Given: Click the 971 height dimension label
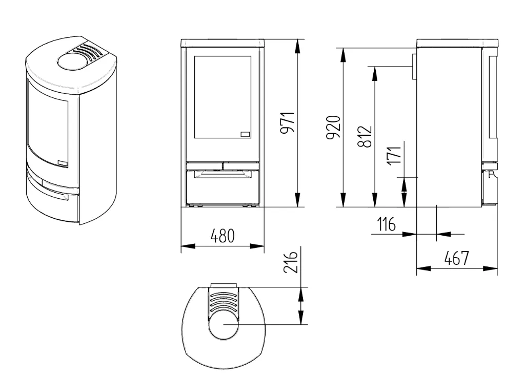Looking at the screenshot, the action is pyautogui.click(x=287, y=123).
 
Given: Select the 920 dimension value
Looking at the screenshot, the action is pyautogui.click(x=333, y=127).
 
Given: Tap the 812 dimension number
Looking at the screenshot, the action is pyautogui.click(x=365, y=136).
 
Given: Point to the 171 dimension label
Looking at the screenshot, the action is pyautogui.click(x=395, y=155).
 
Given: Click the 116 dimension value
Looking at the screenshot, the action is pyautogui.click(x=387, y=224).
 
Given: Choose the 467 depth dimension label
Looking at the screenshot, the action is pyautogui.click(x=457, y=258).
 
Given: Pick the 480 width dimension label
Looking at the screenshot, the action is pyautogui.click(x=223, y=236).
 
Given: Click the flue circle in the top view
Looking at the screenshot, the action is pyautogui.click(x=224, y=324).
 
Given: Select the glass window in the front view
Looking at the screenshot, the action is pyautogui.click(x=223, y=97).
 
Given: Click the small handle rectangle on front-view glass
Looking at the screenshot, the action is pyautogui.click(x=246, y=134).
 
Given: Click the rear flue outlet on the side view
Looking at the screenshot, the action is pyautogui.click(x=414, y=67).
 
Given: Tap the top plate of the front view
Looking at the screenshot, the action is pyautogui.click(x=223, y=43).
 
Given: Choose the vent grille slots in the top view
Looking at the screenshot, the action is pyautogui.click(x=224, y=300).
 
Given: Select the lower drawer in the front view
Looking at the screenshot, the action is pyautogui.click(x=223, y=187).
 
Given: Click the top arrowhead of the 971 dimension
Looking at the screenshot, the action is pyautogui.click(x=297, y=47).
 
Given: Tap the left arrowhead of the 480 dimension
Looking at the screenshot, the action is pyautogui.click(x=188, y=246).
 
